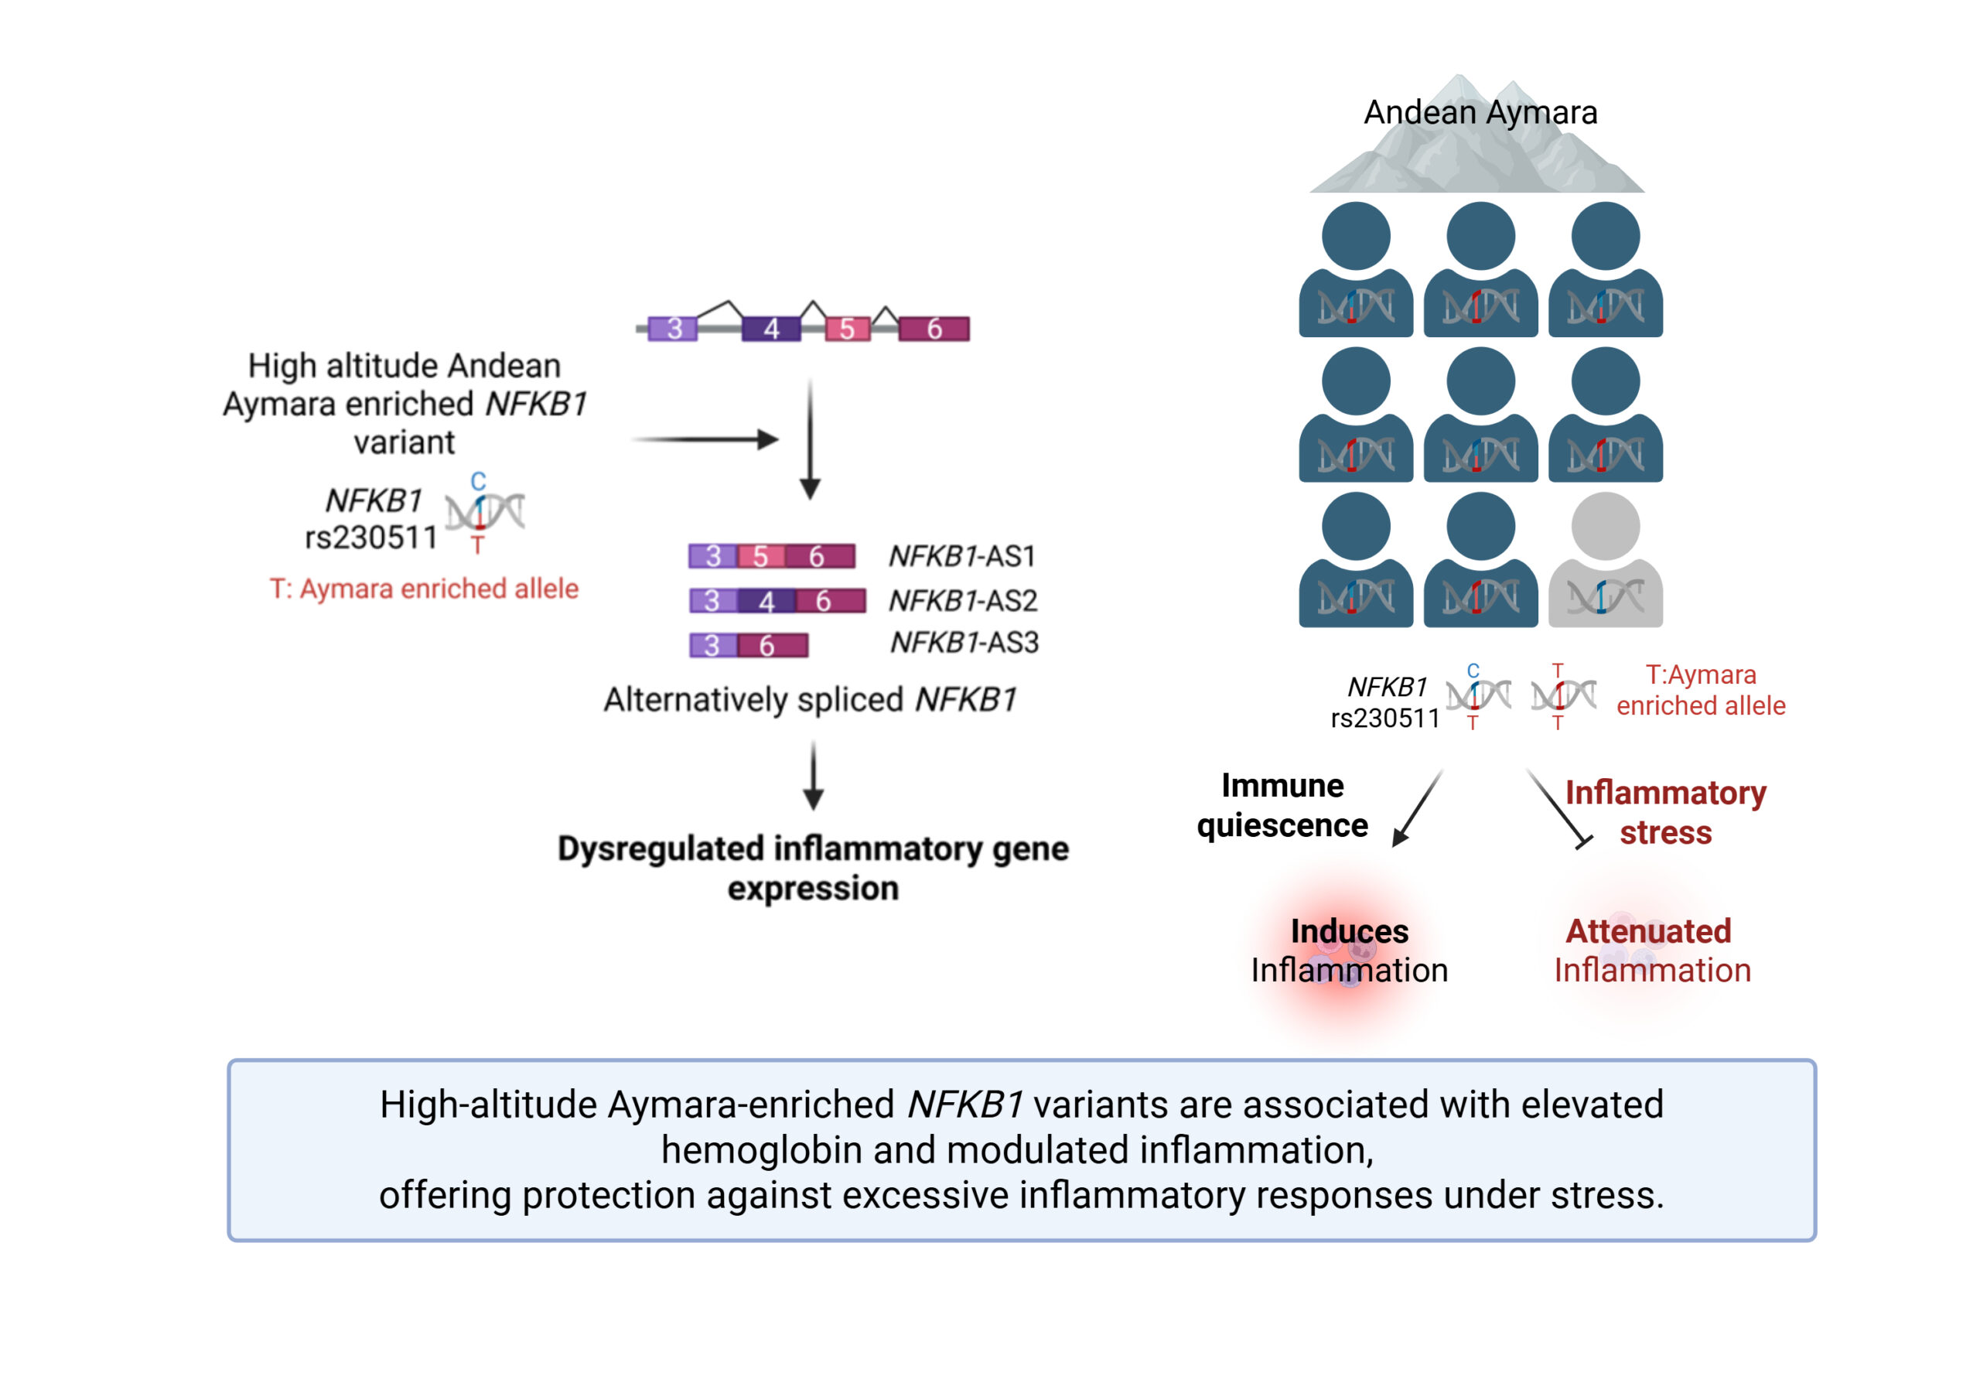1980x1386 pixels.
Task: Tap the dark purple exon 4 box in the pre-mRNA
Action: pos(771,329)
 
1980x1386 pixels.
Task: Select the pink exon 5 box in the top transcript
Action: pos(847,329)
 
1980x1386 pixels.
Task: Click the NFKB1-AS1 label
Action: pos(961,556)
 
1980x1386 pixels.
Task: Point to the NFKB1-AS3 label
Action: pos(964,643)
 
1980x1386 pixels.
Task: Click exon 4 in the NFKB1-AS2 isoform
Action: pos(766,600)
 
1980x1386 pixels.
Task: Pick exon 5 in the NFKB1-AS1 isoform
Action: pos(760,556)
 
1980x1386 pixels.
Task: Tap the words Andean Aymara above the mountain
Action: pos(1480,112)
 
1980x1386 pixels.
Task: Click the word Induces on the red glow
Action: pos(1349,930)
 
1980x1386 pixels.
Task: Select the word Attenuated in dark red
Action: pos(1648,930)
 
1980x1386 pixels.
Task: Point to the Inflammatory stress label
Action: pos(1665,812)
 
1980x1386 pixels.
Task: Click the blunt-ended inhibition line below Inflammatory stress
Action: pos(1558,807)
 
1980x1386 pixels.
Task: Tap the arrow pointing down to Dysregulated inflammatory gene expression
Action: pos(813,777)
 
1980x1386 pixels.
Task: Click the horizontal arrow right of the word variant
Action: pos(705,440)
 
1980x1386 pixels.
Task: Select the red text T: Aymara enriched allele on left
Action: pos(423,589)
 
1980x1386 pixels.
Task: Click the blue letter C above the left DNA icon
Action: pos(478,480)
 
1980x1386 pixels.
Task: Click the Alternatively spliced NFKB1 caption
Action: pos(810,699)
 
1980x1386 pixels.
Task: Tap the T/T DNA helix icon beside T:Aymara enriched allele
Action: pos(1562,695)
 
